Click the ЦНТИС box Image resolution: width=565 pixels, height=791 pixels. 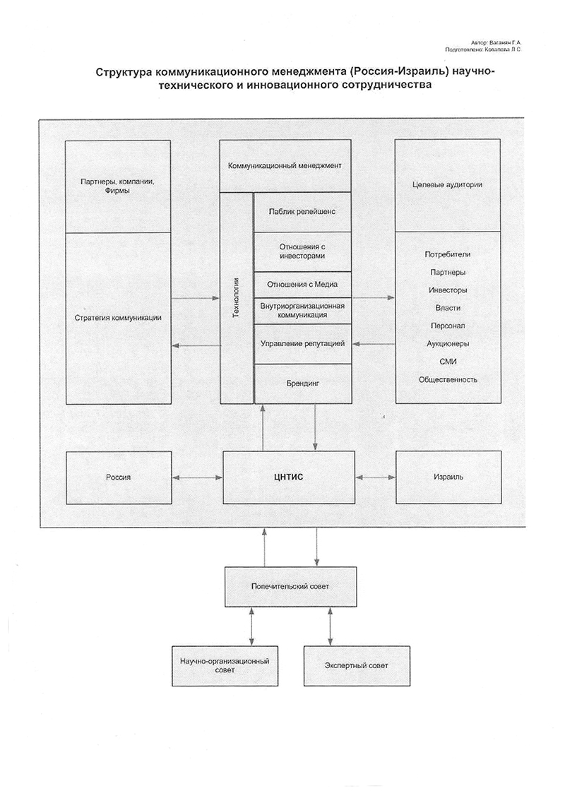[x=289, y=477]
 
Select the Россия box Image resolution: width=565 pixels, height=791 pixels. [x=118, y=477]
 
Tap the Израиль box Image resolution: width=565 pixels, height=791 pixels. [x=447, y=477]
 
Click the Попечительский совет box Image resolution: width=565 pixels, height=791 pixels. [x=290, y=586]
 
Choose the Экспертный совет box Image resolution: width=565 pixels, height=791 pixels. [x=357, y=665]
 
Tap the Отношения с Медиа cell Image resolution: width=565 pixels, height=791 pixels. [x=302, y=285]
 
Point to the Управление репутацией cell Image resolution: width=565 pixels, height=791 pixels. [x=302, y=344]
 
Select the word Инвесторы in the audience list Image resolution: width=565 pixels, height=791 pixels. [x=447, y=290]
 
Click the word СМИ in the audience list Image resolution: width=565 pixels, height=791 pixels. [x=447, y=362]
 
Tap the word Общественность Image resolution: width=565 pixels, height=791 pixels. [x=447, y=379]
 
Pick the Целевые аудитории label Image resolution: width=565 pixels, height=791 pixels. [x=447, y=185]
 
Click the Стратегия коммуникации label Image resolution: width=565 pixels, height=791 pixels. [x=118, y=318]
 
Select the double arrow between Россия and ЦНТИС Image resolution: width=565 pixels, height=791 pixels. [x=197, y=477]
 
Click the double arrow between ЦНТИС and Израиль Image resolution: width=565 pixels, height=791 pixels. [x=376, y=477]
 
